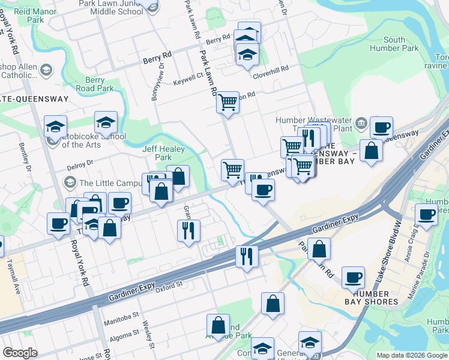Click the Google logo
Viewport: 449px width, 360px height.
click(20, 353)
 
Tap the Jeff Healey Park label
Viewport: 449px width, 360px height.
click(157, 153)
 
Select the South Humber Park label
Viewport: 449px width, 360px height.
click(394, 44)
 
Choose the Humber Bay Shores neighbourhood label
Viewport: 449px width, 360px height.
click(375, 298)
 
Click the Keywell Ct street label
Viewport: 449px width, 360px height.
click(188, 79)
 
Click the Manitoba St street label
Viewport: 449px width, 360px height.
click(124, 314)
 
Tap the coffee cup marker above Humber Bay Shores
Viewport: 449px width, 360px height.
click(353, 277)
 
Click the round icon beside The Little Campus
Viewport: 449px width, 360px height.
click(70, 182)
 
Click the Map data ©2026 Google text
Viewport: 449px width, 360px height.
click(412, 355)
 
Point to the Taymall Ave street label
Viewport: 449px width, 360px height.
click(14, 275)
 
